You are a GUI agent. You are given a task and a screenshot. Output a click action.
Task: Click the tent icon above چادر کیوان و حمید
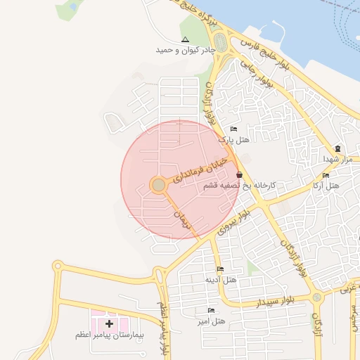pyautogui.click(x=185, y=39)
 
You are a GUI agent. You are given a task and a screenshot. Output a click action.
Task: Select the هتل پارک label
pyautogui.click(x=234, y=140)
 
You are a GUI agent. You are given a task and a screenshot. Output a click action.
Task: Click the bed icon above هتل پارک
pyautogui.click(x=233, y=129)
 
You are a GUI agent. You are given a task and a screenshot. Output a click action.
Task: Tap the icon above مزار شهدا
pyautogui.click(x=338, y=148)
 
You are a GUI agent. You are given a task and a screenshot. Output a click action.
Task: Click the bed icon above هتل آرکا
pyautogui.click(x=326, y=176)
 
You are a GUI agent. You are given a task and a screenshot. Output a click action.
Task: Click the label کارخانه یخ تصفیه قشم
pyautogui.click(x=240, y=186)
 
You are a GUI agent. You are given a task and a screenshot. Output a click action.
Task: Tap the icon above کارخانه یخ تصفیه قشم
pyautogui.click(x=240, y=175)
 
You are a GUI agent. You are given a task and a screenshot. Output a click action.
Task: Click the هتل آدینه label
pyautogui.click(x=220, y=279)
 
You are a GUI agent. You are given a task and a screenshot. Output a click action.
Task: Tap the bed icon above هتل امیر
pyautogui.click(x=211, y=310)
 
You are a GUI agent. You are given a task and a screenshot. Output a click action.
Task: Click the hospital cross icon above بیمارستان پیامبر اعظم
pyautogui.click(x=109, y=323)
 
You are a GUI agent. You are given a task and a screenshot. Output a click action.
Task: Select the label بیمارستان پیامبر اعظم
pyautogui.click(x=109, y=335)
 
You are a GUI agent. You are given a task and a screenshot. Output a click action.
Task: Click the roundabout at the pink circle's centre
pyautogui.click(x=159, y=185)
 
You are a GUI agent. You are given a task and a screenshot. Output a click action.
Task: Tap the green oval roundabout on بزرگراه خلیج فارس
pyautogui.click(x=221, y=42)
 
